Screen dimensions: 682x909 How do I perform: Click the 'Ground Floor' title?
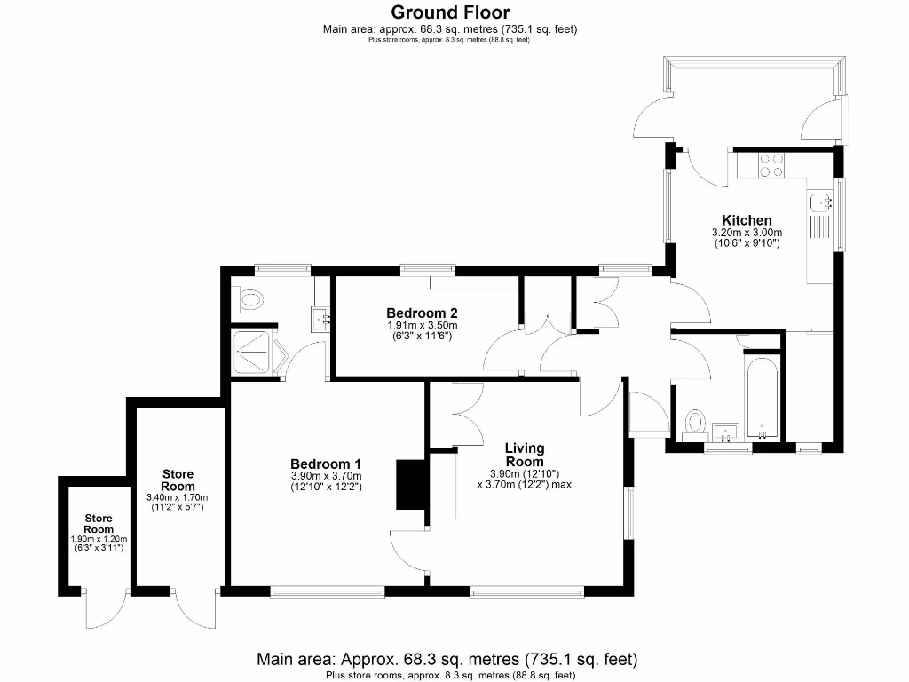click(x=450, y=12)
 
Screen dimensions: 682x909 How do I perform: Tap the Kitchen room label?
click(x=746, y=220)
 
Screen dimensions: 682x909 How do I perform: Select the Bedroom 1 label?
click(x=326, y=464)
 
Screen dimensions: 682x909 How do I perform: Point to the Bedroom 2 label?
click(x=422, y=313)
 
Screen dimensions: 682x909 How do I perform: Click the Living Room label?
click(x=524, y=455)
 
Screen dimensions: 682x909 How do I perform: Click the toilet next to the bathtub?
click(x=694, y=421)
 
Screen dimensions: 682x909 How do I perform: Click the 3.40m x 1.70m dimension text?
click(x=178, y=498)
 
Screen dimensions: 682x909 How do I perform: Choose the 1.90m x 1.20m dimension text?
click(x=99, y=539)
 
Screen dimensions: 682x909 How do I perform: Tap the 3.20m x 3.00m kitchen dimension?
click(x=746, y=233)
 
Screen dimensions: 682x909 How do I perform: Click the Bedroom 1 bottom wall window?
click(x=327, y=590)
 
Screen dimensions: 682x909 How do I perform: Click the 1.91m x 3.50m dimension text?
click(x=422, y=326)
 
